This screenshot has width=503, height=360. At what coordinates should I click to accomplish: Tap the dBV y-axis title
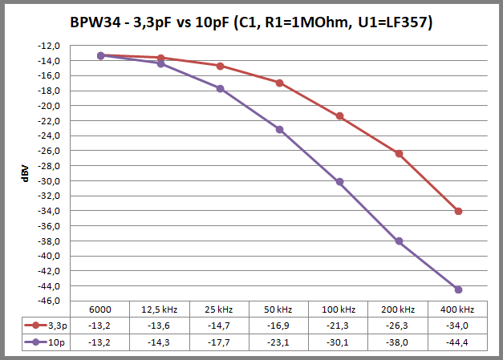[26, 175]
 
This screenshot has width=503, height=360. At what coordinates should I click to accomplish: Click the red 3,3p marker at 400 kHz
[458, 211]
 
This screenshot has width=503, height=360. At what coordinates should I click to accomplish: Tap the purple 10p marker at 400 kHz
[458, 289]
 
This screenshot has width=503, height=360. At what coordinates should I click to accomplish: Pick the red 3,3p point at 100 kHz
[339, 116]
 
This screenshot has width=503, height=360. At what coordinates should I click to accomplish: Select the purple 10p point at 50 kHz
[279, 129]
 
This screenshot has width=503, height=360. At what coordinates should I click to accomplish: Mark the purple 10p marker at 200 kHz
[399, 241]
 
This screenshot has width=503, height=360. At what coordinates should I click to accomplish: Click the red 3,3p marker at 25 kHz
[220, 66]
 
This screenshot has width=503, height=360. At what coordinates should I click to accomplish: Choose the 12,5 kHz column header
[160, 309]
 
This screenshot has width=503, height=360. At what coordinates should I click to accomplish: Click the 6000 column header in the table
[100, 309]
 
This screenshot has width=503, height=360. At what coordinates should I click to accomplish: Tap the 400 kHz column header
[458, 309]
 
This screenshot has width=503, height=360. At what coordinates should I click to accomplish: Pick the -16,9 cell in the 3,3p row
[279, 325]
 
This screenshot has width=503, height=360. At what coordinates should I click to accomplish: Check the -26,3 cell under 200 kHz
[399, 325]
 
